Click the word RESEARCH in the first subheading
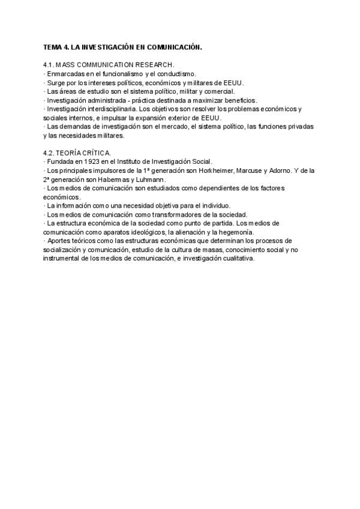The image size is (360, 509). [x=153, y=64]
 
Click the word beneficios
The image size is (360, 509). [x=237, y=100]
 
